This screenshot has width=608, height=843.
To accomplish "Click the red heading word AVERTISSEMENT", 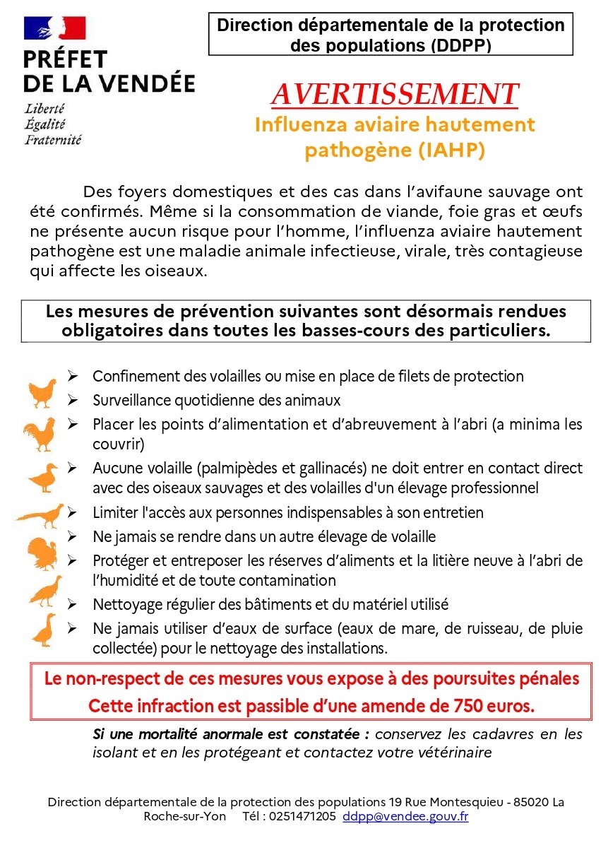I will pyautogui.click(x=395, y=95).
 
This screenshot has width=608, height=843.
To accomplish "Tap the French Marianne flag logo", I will pyautogui.click(x=54, y=29).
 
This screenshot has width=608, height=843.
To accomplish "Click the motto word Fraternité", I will pyautogui.click(x=53, y=139).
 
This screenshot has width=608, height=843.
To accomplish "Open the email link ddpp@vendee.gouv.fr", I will pyautogui.click(x=405, y=817).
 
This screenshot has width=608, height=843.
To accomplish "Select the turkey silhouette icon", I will pyautogui.click(x=42, y=553).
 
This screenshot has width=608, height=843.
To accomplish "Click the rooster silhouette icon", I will pyautogui.click(x=40, y=433).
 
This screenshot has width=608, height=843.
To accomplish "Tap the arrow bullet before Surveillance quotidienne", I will pyautogui.click(x=73, y=400).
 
